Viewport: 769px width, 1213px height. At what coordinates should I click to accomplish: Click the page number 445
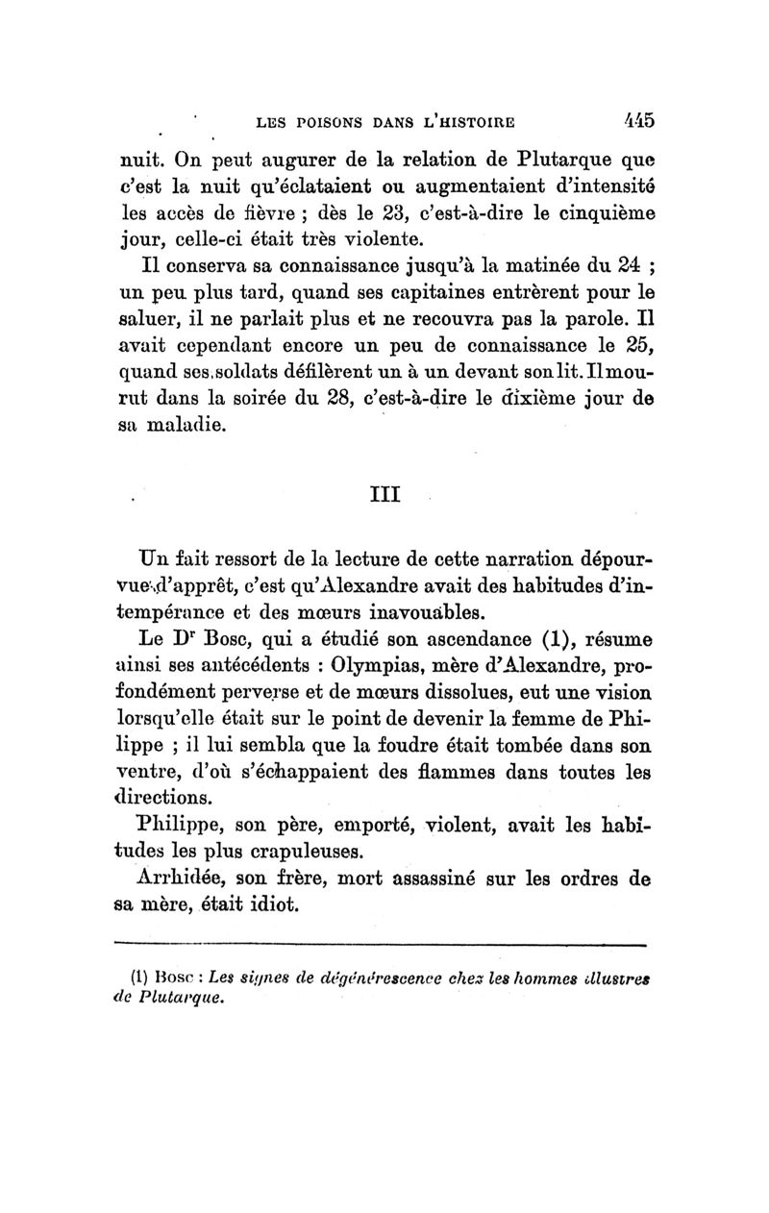tap(633, 122)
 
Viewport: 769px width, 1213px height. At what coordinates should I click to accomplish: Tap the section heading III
tap(384, 496)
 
